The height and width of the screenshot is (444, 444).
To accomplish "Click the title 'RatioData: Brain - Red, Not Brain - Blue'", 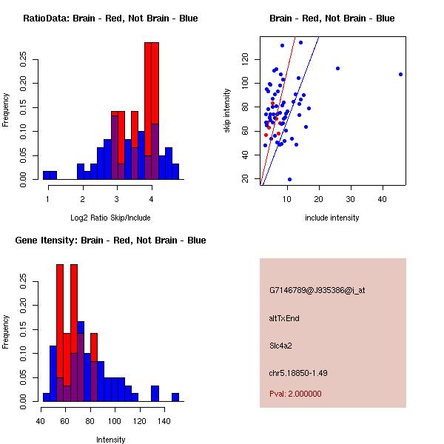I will (110, 18).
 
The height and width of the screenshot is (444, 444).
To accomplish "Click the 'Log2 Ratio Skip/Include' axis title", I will (110, 218).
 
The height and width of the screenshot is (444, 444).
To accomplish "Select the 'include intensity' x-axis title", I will (332, 218).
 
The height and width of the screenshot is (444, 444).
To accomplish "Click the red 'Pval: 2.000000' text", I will (295, 394).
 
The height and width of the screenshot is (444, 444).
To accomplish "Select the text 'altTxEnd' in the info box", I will (284, 318).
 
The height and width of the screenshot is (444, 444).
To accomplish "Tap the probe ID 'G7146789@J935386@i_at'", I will (317, 290).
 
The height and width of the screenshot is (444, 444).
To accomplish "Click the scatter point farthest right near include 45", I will (400, 74).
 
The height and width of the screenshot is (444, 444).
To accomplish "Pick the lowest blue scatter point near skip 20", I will (289, 179).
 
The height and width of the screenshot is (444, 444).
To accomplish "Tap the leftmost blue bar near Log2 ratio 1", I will (49, 175).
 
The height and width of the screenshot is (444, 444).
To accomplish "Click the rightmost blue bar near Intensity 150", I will (175, 397).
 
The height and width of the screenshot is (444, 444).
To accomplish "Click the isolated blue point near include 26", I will (337, 68).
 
